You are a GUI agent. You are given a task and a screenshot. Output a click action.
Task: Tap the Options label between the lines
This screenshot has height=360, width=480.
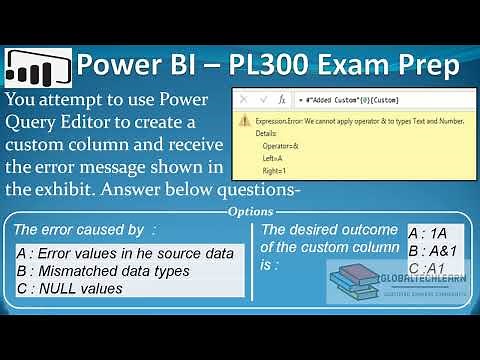click(250, 211)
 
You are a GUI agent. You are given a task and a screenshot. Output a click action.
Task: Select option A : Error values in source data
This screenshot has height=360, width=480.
click(125, 253)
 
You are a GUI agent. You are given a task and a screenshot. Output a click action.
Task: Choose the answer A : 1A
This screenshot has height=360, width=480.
click(428, 233)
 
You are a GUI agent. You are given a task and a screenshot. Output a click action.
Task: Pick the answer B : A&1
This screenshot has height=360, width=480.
click(434, 250)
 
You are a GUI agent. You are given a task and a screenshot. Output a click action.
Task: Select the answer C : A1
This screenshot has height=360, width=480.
click(428, 268)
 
